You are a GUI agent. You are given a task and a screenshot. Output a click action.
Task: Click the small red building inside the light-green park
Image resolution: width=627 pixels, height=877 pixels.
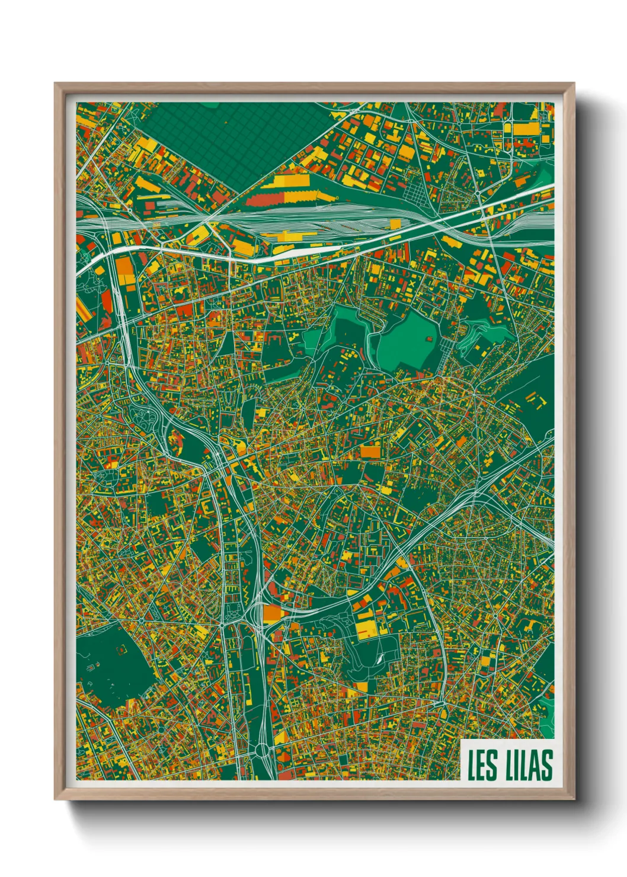(x=428, y=340)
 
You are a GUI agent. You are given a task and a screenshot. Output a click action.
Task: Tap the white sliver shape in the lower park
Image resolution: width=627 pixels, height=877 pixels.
(x=378, y=657)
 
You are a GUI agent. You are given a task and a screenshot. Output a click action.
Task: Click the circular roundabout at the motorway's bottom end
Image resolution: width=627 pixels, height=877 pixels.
(x=261, y=751)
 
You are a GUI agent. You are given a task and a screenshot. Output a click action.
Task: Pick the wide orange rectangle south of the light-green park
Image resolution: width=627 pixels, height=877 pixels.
(x=370, y=452)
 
